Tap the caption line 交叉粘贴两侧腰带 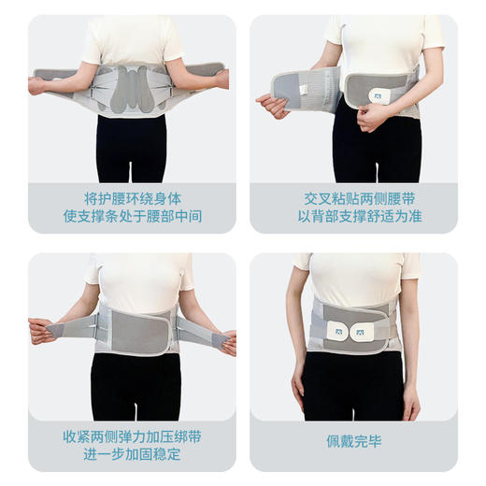point(354,198)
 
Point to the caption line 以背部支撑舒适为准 point(354,217)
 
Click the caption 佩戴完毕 point(354,441)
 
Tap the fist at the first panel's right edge point(222,79)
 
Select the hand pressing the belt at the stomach point(372,116)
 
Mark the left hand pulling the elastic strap point(39,330)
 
